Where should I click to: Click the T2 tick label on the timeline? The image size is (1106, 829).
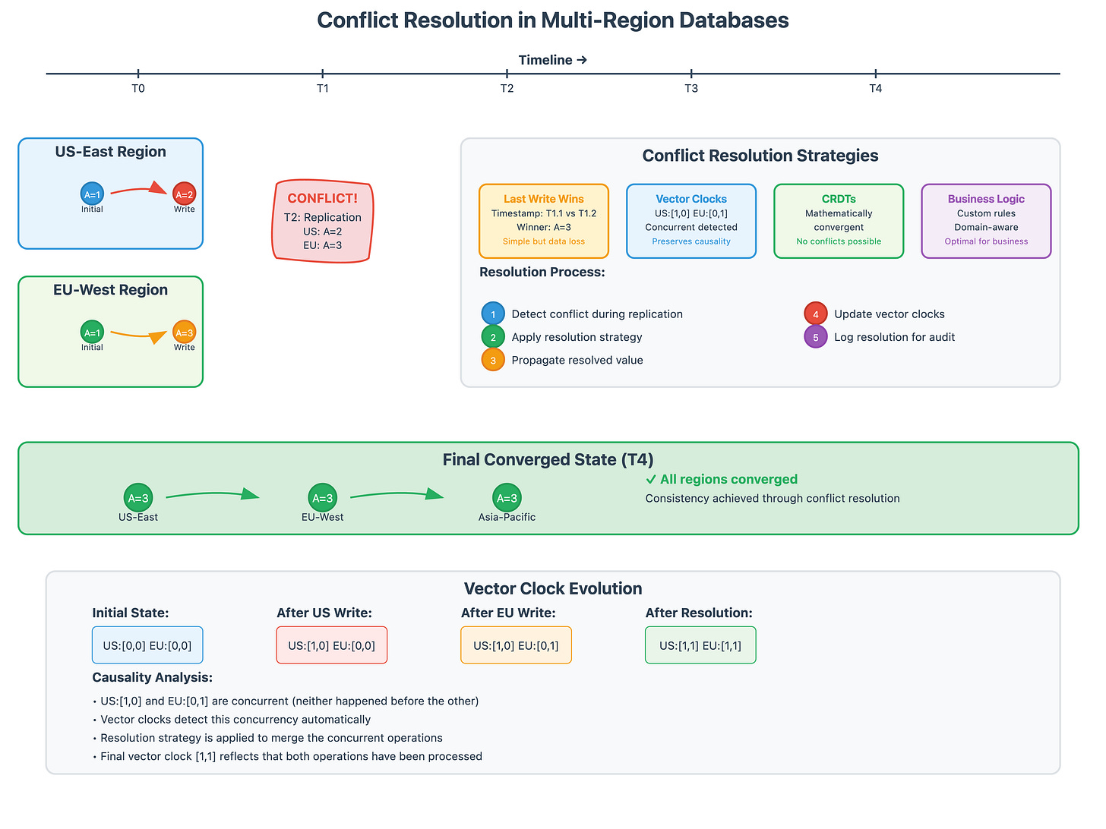click(507, 89)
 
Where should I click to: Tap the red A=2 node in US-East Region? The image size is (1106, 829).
click(184, 194)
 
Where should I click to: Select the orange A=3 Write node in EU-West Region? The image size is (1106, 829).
click(184, 333)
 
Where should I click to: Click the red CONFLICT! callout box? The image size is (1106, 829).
click(323, 221)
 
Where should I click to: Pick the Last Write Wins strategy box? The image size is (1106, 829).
click(544, 221)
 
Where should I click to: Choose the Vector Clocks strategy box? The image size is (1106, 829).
click(691, 221)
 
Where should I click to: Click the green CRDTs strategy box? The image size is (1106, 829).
click(839, 221)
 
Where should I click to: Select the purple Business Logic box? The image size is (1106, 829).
click(986, 221)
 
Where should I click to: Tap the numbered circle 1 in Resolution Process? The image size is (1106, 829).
click(493, 314)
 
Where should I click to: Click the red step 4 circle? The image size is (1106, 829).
click(816, 314)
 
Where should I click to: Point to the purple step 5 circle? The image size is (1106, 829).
click(816, 337)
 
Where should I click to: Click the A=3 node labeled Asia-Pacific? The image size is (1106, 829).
click(507, 498)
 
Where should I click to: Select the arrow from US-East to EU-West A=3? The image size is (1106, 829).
click(213, 495)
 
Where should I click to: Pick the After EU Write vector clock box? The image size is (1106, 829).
click(516, 645)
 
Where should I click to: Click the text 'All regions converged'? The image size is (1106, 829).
click(728, 479)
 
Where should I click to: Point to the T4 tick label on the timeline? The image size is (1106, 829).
click(876, 89)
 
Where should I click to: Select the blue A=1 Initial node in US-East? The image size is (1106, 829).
click(92, 194)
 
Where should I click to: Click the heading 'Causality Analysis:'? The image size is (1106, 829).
click(153, 677)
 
